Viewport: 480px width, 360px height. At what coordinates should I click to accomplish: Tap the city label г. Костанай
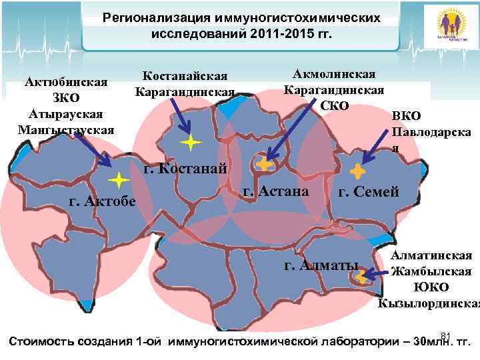[185, 168]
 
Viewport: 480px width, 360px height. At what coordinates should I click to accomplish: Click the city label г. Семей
[369, 193]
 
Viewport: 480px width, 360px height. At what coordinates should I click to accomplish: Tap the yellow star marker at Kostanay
[191, 142]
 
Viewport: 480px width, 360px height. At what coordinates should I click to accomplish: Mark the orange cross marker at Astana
[263, 163]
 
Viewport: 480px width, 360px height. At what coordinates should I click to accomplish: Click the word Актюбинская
[66, 83]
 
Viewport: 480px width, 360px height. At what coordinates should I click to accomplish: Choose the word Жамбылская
[431, 271]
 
